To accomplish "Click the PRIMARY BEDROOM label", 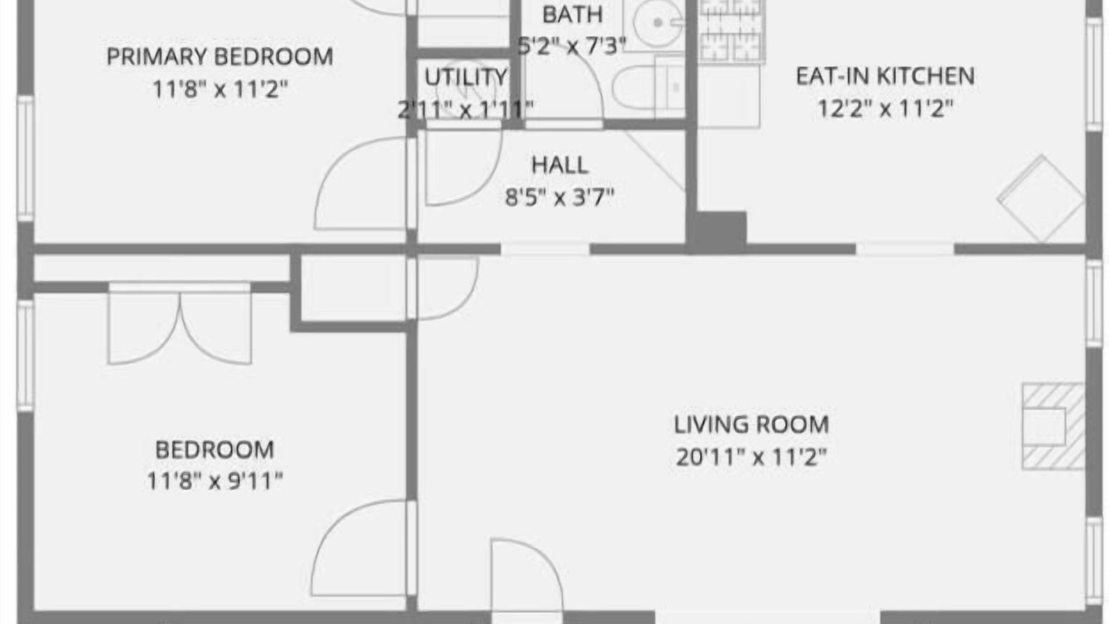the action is click(x=220, y=56).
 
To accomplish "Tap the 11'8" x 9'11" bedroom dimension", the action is click(x=215, y=480).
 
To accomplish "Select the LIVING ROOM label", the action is click(x=751, y=425).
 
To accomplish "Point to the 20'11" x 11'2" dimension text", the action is click(x=751, y=457).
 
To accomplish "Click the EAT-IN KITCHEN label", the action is click(x=885, y=76).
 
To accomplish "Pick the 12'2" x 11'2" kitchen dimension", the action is click(x=885, y=108).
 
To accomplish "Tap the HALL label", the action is click(x=560, y=166).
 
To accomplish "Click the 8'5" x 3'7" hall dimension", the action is click(x=560, y=197).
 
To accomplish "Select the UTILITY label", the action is click(x=466, y=77).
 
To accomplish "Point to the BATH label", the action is click(x=573, y=15).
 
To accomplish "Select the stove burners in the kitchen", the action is click(x=731, y=30).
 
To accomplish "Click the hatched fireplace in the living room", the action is click(x=1054, y=426).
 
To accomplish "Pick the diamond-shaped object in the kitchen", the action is click(x=1041, y=198).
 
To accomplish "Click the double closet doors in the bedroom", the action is click(x=179, y=324).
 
